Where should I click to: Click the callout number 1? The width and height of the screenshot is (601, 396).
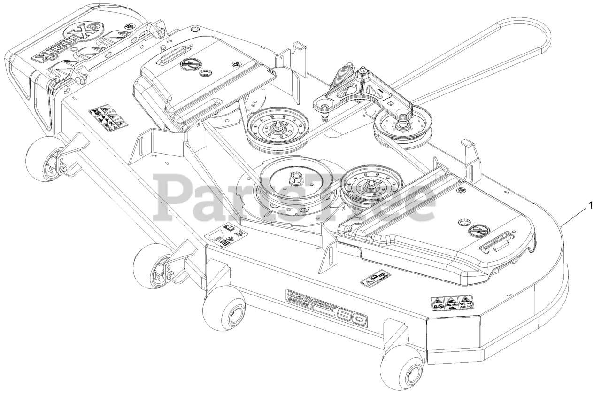[592, 205]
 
